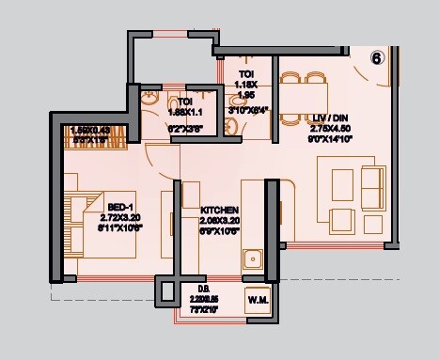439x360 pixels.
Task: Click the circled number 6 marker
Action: (375, 56)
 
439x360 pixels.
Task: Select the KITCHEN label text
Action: (219, 210)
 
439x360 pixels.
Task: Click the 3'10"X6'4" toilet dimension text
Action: (247, 109)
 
